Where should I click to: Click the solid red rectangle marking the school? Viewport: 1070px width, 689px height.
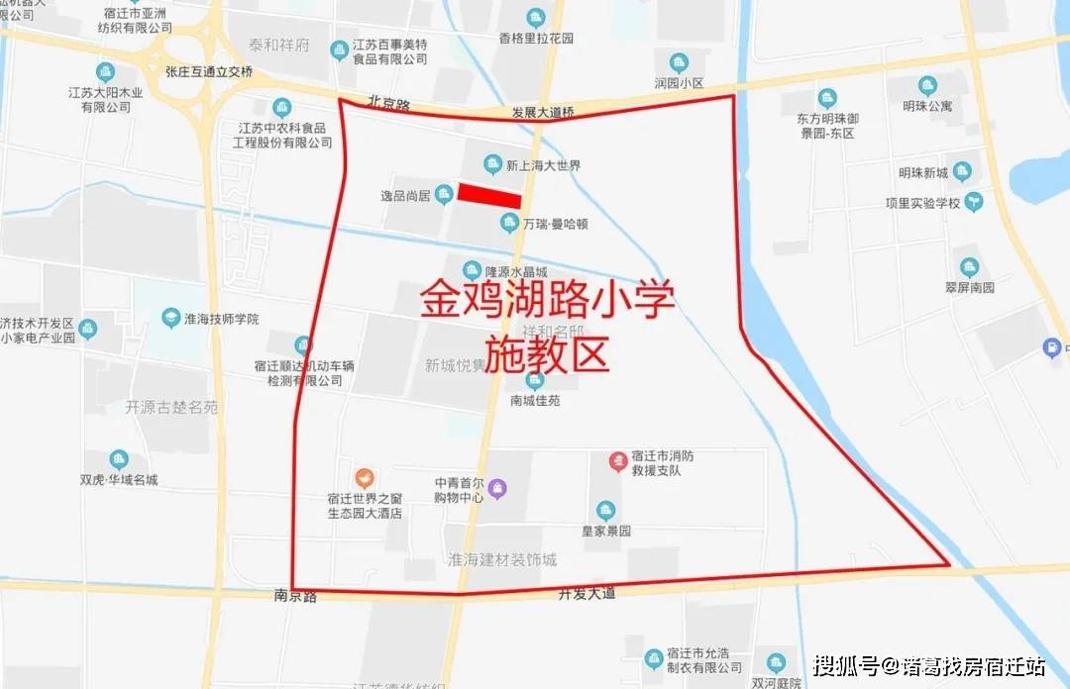pos(488,194)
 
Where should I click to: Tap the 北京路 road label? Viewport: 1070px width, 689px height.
pos(386,101)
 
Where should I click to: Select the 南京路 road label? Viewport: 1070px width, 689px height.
pos(295,597)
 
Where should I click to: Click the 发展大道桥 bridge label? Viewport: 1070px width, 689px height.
pos(543,113)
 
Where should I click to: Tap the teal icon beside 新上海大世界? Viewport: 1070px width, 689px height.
pos(490,164)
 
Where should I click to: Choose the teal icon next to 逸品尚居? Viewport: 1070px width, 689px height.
pos(445,195)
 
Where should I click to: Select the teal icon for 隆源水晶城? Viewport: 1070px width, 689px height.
pos(472,267)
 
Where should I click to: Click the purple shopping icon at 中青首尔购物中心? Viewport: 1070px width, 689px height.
pos(497,486)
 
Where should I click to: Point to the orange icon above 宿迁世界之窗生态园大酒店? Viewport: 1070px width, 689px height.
pos(365,477)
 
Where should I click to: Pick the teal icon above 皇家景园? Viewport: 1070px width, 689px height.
pos(605,510)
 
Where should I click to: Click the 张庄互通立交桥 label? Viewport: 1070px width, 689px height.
pos(209,71)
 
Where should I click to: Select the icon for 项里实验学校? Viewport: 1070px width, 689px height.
pos(975,202)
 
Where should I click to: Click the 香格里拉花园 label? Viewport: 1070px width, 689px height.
pos(536,38)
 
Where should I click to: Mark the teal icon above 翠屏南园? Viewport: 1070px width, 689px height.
pos(968,266)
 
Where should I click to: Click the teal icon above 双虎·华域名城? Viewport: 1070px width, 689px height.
pos(119,459)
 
